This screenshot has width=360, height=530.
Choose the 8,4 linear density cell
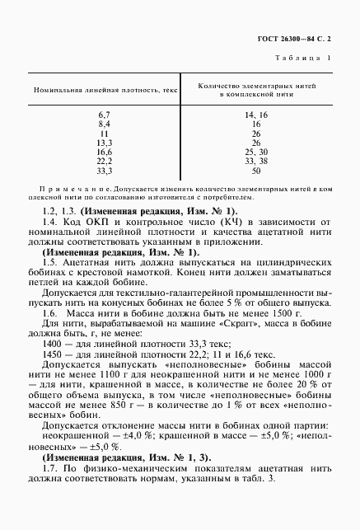click(105, 123)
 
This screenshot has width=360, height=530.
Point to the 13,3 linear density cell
click(105, 142)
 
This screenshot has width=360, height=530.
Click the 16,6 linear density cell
click(105, 152)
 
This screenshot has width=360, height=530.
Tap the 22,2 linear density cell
click(105, 161)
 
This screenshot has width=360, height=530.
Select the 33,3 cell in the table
click(105, 171)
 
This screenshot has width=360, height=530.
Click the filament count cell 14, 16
click(256, 114)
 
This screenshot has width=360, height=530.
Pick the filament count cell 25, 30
click(256, 152)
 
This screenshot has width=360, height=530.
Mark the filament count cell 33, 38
click(256, 161)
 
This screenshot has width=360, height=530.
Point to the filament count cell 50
click(256, 171)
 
